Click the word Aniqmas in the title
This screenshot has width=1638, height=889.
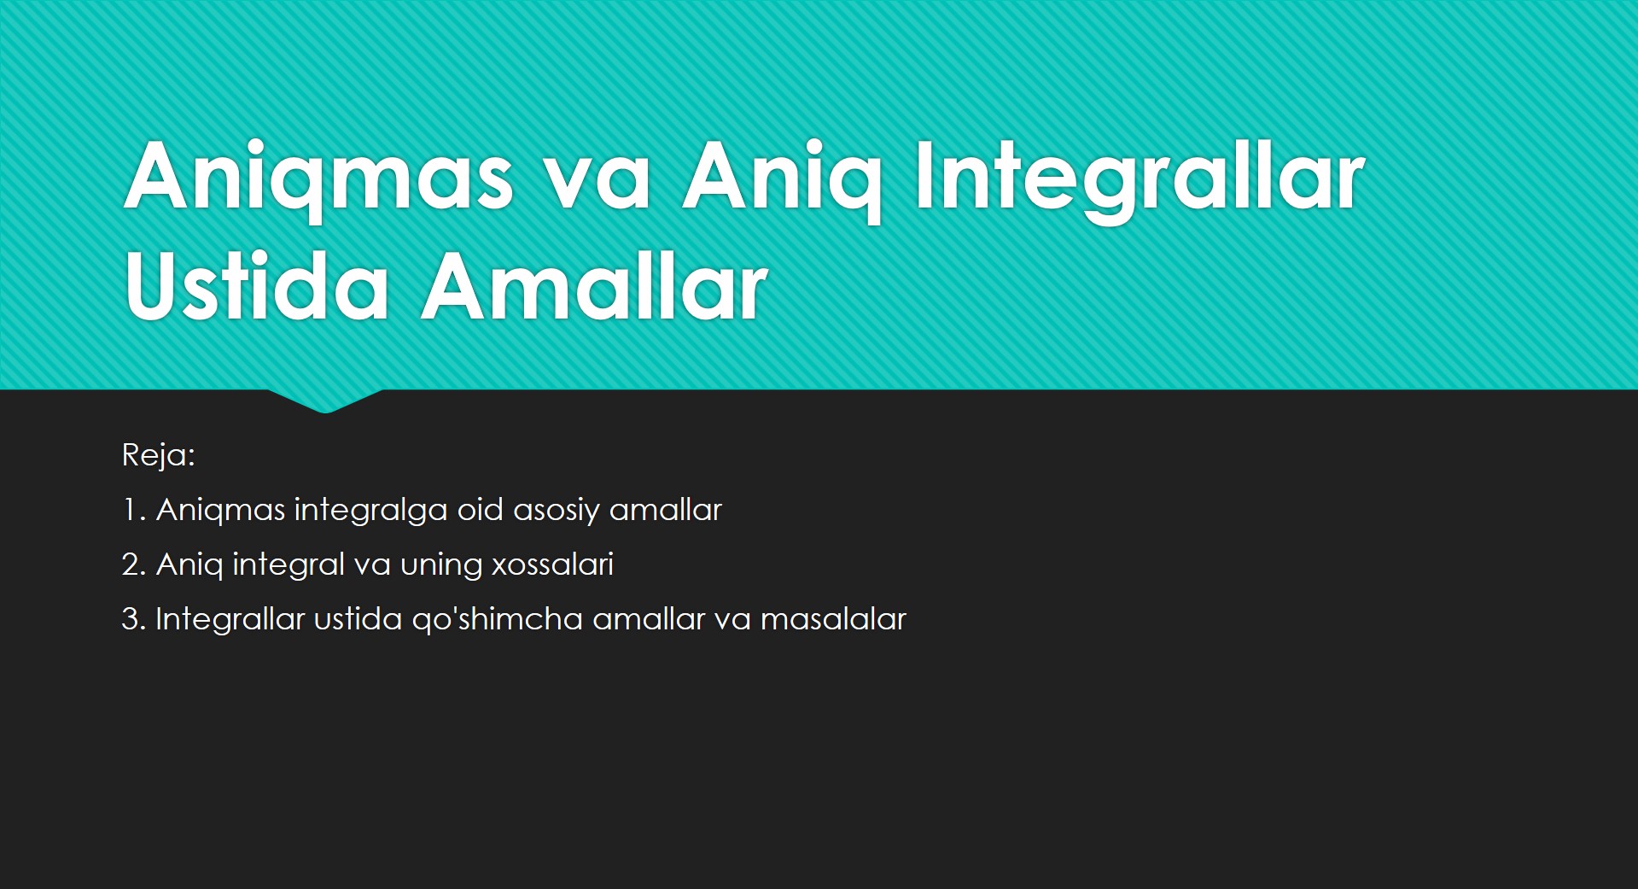pos(319,178)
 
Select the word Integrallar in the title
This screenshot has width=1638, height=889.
pos(1140,178)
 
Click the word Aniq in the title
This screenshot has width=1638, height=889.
pos(782,178)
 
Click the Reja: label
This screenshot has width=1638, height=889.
pos(159,455)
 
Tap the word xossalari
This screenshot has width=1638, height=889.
pos(552,564)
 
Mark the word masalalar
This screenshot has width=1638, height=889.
pos(833,619)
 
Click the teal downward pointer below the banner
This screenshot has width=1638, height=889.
pos(325,401)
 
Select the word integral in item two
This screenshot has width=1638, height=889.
pos(289,565)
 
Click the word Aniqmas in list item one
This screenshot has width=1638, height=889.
pos(221,511)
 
